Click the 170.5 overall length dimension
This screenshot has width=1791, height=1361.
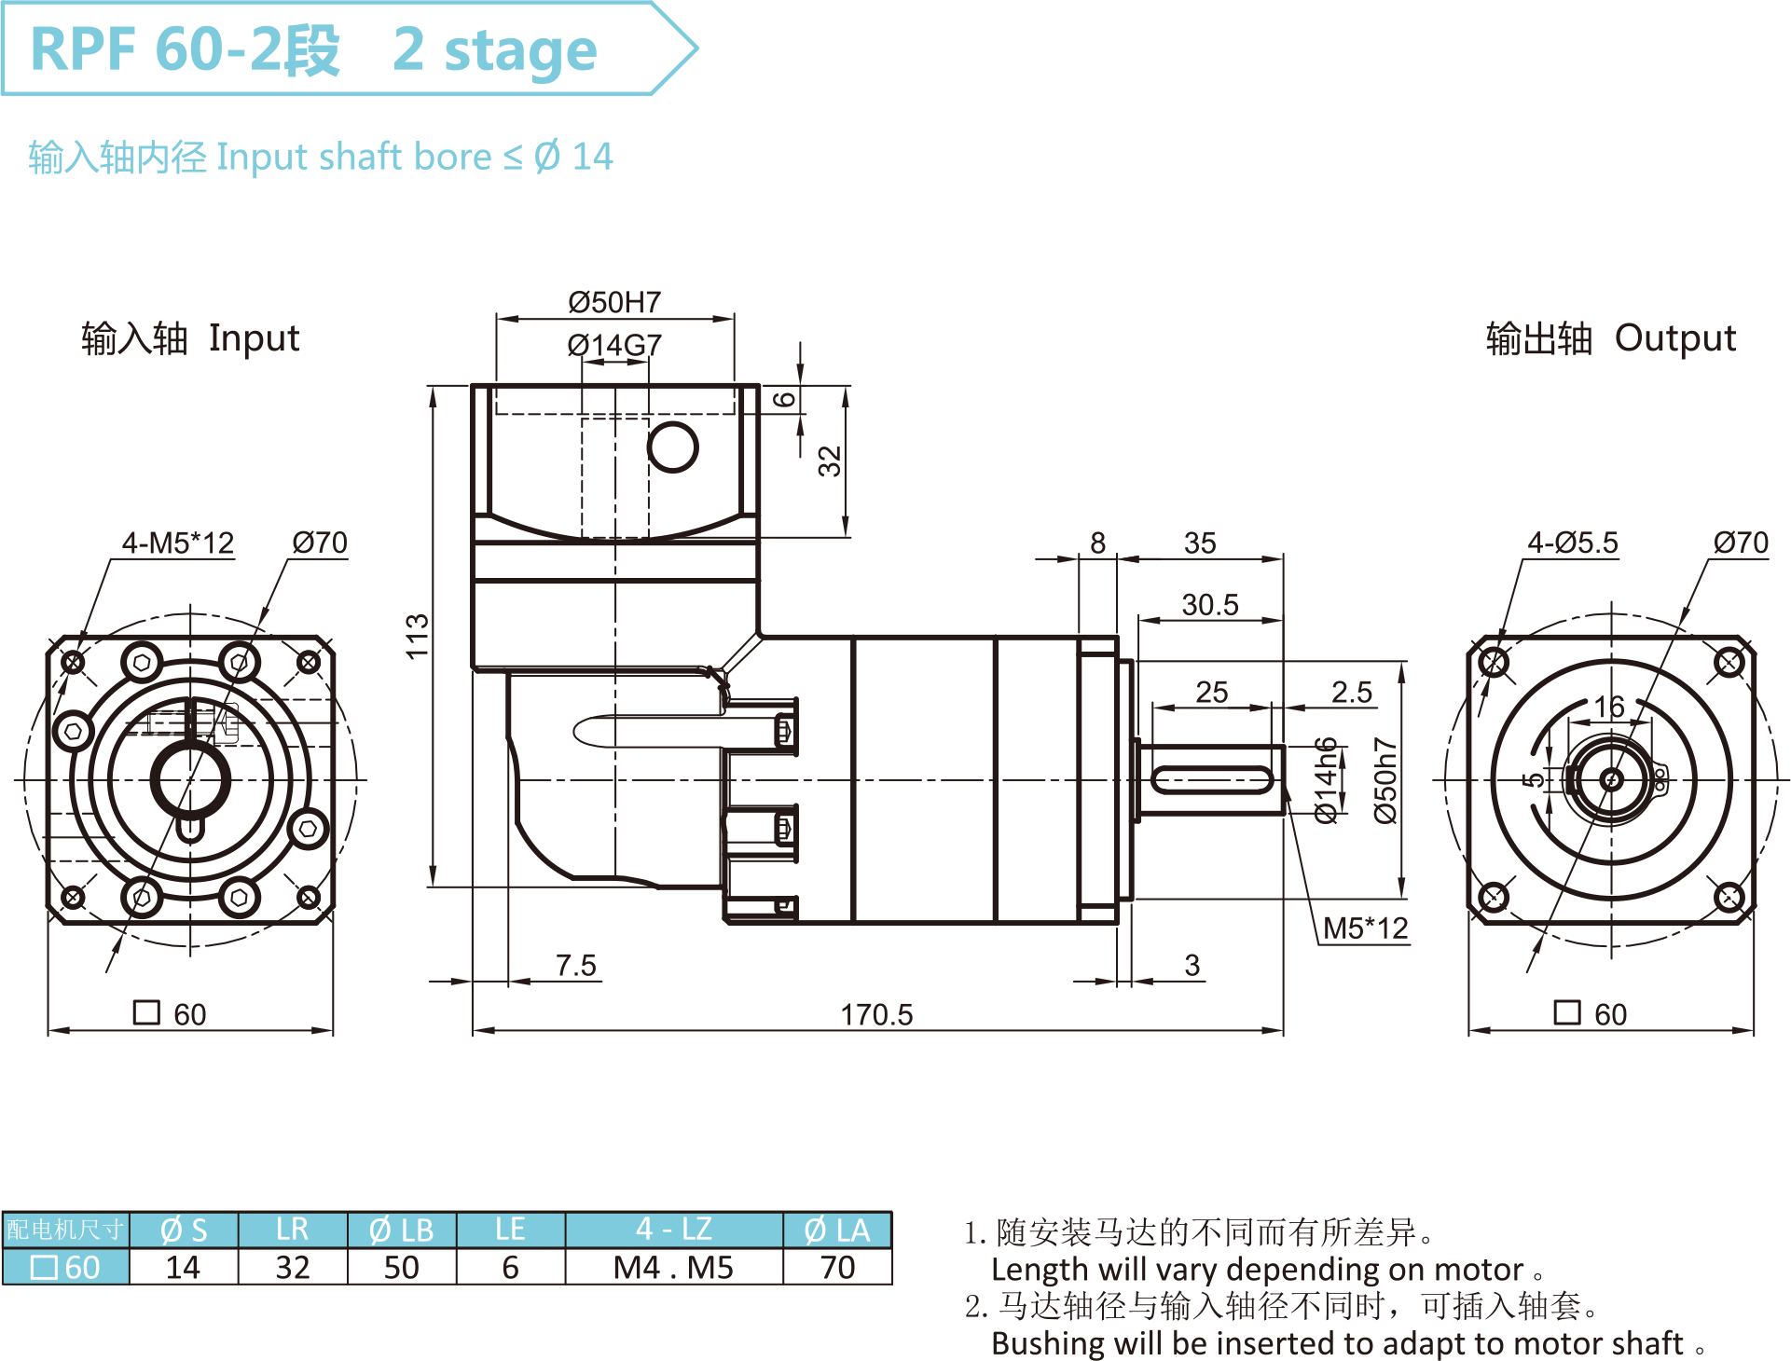pos(876,1014)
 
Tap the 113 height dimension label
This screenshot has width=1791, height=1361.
pos(417,636)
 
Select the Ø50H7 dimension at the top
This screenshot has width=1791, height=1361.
pos(614,302)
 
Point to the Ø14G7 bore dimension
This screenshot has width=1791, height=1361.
pos(614,345)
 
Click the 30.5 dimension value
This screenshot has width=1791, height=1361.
pos(1210,605)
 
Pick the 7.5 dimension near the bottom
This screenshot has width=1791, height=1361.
pos(575,965)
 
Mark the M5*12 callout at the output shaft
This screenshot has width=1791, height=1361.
pos(1365,928)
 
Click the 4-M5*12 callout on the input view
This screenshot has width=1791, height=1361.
pos(178,543)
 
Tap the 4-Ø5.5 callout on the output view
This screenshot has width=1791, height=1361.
pos(1572,543)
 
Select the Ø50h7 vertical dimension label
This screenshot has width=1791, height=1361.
pos(1385,780)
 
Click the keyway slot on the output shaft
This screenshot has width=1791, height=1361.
pos(1211,780)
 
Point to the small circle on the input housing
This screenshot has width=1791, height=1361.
pos(672,447)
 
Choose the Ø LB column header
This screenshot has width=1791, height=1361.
pos(402,1230)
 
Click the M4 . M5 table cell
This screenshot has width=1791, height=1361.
pos(673,1268)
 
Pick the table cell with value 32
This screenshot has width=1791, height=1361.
pos(293,1268)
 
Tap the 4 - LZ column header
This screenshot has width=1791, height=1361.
pos(673,1230)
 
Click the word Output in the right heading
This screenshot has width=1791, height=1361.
pos(1675,338)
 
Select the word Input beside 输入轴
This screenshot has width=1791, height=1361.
pos(254,338)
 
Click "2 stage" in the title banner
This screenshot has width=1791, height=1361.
pos(494,49)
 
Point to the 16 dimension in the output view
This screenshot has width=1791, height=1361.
pos(1609,707)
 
